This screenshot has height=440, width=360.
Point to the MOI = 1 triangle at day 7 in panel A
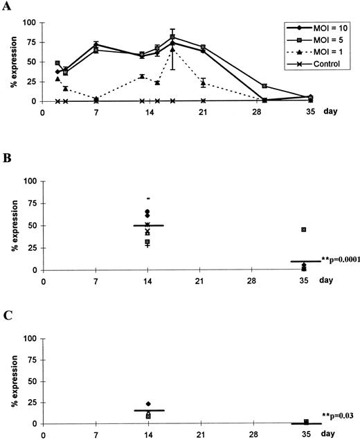click(96, 98)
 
